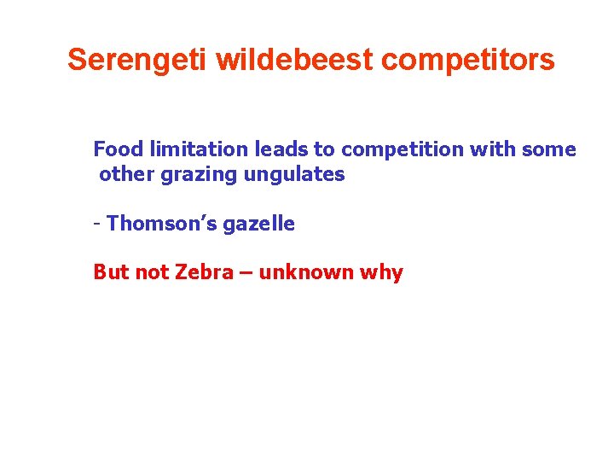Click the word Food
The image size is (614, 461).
coord(119,149)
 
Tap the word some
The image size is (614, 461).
coord(547,149)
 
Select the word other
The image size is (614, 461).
coord(126,175)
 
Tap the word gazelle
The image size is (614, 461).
coord(258,225)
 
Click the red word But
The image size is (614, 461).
coord(111,273)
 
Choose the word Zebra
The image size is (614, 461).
coord(203,273)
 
